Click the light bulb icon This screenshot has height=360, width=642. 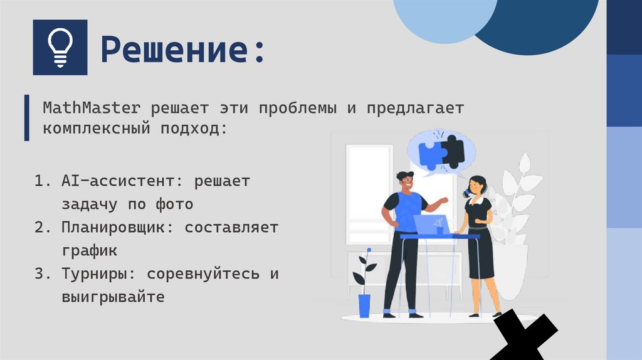point(60,48)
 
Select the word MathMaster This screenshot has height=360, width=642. point(92,108)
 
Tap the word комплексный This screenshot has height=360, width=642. point(97,130)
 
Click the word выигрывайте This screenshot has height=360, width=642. point(113,296)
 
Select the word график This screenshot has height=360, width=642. point(89,250)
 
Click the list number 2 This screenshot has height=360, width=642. point(43,228)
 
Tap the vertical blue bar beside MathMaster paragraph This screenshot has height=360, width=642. point(26,118)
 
